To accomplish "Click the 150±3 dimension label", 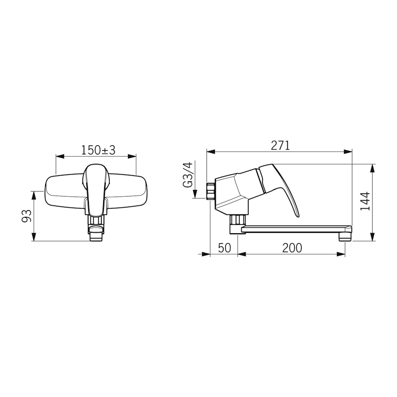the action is point(98,150).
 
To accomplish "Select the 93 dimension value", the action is point(27,216).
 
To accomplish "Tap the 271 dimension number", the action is point(280,145).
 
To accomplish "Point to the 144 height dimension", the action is point(365,201).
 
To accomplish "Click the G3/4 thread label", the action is point(188,175).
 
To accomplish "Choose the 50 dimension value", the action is point(225,248).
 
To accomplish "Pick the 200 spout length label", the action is point(292,248).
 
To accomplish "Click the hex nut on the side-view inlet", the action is point(210,191).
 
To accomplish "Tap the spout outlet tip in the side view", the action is point(345,237).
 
